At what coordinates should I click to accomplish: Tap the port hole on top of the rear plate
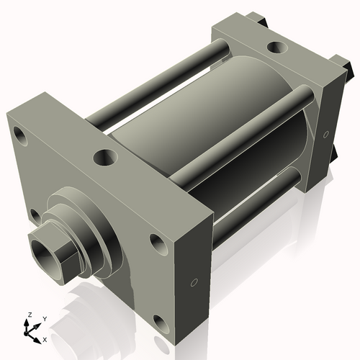(275, 48)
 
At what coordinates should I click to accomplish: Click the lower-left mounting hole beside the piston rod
(35, 214)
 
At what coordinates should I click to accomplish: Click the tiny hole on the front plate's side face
(194, 282)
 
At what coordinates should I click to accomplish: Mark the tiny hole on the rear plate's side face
(325, 134)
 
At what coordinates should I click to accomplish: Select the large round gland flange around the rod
(90, 216)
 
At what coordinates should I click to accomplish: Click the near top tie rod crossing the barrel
(238, 137)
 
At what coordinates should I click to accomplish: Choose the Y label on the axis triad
(44, 318)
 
